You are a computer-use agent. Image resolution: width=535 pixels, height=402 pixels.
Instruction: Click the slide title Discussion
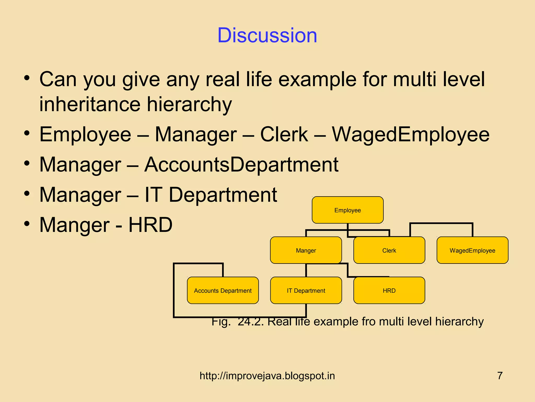[267, 35]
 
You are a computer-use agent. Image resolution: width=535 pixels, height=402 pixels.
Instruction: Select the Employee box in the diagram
[347, 210]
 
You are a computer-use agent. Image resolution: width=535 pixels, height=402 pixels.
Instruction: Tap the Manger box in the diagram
[306, 250]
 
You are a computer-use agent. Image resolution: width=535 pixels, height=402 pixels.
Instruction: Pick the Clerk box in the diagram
[389, 250]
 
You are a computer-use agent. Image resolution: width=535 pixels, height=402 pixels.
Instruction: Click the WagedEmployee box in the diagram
[472, 250]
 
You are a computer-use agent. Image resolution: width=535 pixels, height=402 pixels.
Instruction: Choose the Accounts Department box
[223, 291]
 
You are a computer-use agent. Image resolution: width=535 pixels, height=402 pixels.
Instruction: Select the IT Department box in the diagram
[306, 291]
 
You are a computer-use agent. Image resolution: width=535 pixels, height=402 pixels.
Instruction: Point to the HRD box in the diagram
[389, 291]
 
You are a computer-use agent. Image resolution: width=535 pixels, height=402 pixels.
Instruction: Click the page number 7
[500, 376]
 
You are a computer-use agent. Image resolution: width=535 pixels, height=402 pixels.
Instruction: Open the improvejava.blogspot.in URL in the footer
[267, 376]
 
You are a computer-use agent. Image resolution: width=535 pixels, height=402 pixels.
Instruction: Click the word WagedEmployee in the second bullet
[410, 135]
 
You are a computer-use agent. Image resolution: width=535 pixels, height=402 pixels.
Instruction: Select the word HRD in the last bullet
[150, 225]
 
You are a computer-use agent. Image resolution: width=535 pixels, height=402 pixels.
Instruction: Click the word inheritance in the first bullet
[90, 104]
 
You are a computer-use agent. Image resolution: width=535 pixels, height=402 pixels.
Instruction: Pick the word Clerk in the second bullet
[284, 135]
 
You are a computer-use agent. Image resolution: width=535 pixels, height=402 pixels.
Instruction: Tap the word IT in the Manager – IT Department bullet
[154, 195]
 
